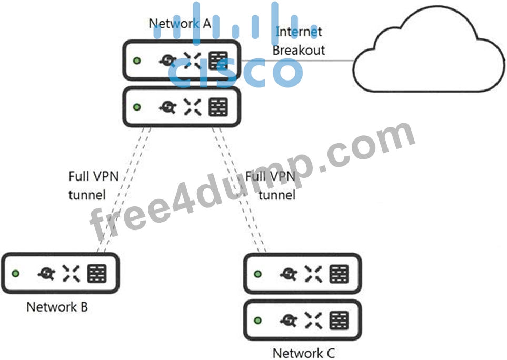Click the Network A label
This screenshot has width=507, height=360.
pos(180,23)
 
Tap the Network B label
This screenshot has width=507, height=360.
pos(57,307)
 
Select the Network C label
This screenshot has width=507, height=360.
pos(303,353)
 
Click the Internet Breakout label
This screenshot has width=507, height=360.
pos(299,41)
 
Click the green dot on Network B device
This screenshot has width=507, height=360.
pos(15,273)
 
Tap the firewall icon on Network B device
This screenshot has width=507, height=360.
pos(97,273)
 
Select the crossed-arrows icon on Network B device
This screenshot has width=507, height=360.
pos(71,273)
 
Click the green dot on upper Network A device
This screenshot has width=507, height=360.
pos(137,61)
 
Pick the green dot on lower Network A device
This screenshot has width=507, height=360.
pos(137,107)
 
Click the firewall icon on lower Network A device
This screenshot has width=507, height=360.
pos(218,107)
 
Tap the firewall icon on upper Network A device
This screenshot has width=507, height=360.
pos(218,61)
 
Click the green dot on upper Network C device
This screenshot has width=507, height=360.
pos(257,274)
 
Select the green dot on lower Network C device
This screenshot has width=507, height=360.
pos(257,320)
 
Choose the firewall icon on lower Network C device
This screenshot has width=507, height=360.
pos(339,321)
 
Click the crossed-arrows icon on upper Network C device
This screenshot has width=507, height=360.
pos(313,274)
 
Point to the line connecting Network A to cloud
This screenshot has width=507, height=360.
pos(297,61)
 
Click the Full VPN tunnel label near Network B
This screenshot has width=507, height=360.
pos(93,185)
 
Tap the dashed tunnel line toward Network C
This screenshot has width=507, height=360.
pos(239,189)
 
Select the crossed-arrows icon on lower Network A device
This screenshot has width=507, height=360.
pos(192,107)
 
